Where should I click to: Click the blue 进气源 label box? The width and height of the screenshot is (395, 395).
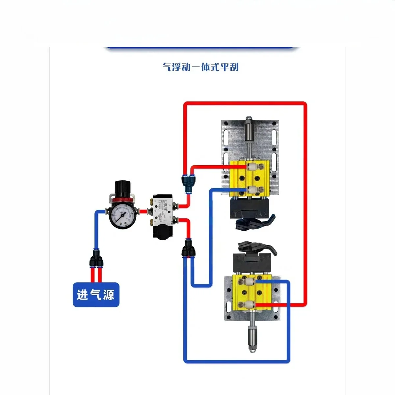(x=96, y=295)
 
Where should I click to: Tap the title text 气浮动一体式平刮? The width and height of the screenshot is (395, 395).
(x=200, y=67)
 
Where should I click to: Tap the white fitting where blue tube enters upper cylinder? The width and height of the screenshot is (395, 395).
(x=251, y=190)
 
